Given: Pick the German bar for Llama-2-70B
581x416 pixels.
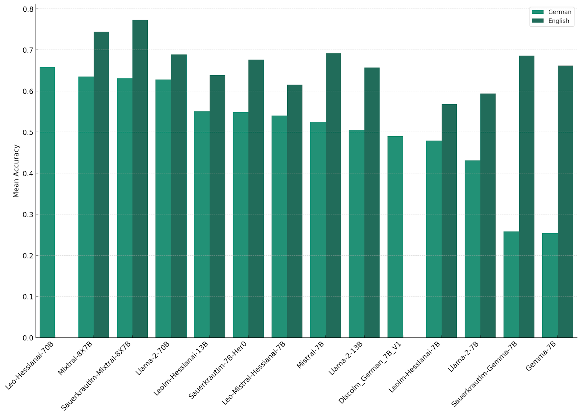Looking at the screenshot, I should pos(163,209).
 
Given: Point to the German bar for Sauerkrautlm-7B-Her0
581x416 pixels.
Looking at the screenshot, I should pos(240,225).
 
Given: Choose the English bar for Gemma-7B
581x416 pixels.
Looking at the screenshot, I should pos(565,202).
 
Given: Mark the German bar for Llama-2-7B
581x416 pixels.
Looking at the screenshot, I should pos(472,249).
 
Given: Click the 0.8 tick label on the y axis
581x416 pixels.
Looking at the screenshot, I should pos(28,9).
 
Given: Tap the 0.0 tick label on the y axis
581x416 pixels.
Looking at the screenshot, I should pos(28,338).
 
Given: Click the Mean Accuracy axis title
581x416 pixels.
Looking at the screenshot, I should pos(16,171).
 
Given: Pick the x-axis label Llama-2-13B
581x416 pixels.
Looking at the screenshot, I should pos(345,358).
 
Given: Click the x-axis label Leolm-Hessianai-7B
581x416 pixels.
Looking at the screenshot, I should pos(414,367).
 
